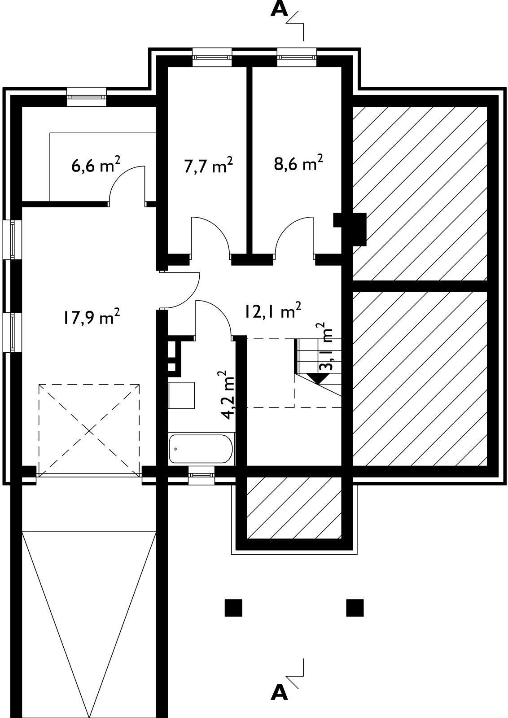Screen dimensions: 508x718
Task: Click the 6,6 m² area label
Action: coord(96,165)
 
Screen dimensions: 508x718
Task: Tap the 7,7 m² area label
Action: coord(208,165)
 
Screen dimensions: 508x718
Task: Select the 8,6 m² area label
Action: coord(298,162)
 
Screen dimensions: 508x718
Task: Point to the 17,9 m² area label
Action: coord(92,317)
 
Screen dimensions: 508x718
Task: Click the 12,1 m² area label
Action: coord(273,310)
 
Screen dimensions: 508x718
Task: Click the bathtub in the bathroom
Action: coord(201,449)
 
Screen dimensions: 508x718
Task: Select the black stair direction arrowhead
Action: coord(318,379)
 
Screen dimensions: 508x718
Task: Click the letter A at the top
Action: coord(279,9)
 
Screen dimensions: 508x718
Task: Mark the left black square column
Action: coord(233,608)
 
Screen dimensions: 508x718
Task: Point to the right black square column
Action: coord(355,608)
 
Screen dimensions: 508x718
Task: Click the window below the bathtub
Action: coord(201,475)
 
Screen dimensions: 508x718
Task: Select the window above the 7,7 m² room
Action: coord(212,57)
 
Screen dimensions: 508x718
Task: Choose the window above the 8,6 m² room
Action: coord(297,57)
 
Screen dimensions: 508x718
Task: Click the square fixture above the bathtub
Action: coord(181,395)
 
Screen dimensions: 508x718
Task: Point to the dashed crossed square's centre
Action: coord(89,430)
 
